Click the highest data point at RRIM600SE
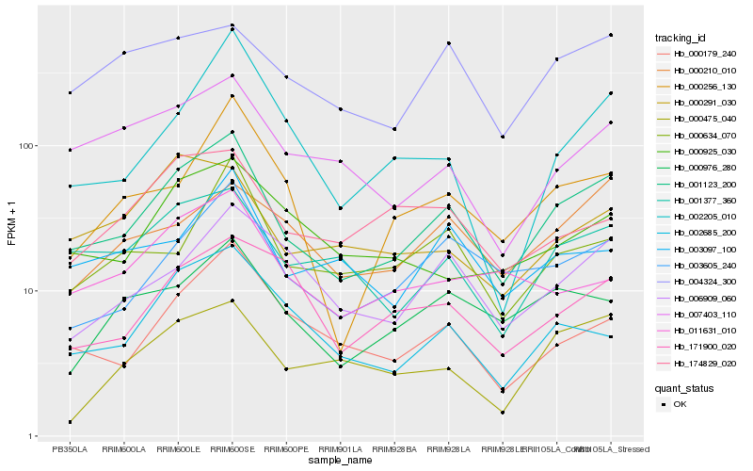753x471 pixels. pos(232,25)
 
